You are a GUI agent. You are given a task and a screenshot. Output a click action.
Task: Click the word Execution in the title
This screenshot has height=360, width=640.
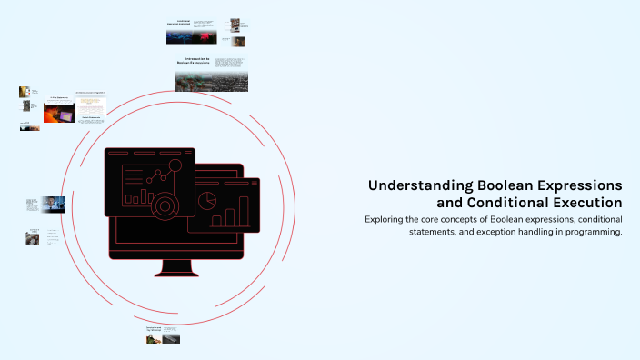pyautogui.click(x=588, y=203)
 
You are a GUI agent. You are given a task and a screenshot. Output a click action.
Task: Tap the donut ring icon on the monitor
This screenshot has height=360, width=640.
pyautogui.click(x=165, y=205)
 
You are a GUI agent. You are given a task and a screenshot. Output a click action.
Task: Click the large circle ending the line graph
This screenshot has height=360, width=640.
pyautogui.click(x=175, y=165)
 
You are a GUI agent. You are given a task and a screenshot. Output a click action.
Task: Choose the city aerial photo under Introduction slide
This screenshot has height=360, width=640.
pyautogui.click(x=212, y=82)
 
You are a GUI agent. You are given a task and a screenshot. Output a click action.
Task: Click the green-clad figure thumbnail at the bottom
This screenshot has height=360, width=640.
pyautogui.click(x=154, y=339)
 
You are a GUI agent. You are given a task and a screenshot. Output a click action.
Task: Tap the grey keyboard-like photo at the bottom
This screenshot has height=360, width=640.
pyautogui.click(x=171, y=339)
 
